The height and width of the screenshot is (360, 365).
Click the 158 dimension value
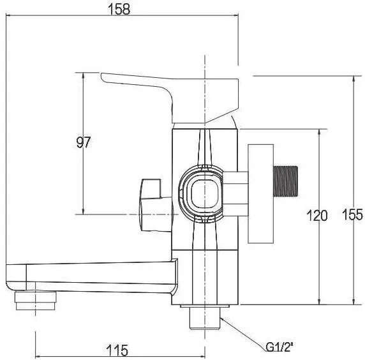pyautogui.click(x=119, y=9)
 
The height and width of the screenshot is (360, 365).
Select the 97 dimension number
pyautogui.click(x=84, y=142)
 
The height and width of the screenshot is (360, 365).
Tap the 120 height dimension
pyautogui.click(x=317, y=215)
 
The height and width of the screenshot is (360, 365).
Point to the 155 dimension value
pyautogui.click(x=352, y=214)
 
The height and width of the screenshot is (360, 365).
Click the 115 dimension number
pyautogui.click(x=117, y=350)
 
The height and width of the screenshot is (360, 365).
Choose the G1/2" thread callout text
pyautogui.click(x=279, y=347)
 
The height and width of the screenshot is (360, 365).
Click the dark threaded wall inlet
pyautogui.click(x=286, y=181)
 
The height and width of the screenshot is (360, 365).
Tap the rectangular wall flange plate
pyautogui.click(x=260, y=194)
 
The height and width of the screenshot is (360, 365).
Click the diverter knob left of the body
pyautogui.click(x=156, y=205)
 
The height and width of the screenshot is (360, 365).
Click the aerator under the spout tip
pyautogui.click(x=36, y=301)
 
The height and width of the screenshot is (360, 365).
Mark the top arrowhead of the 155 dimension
pyautogui.click(x=354, y=79)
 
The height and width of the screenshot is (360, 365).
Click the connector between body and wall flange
pyautogui.click(x=235, y=194)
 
